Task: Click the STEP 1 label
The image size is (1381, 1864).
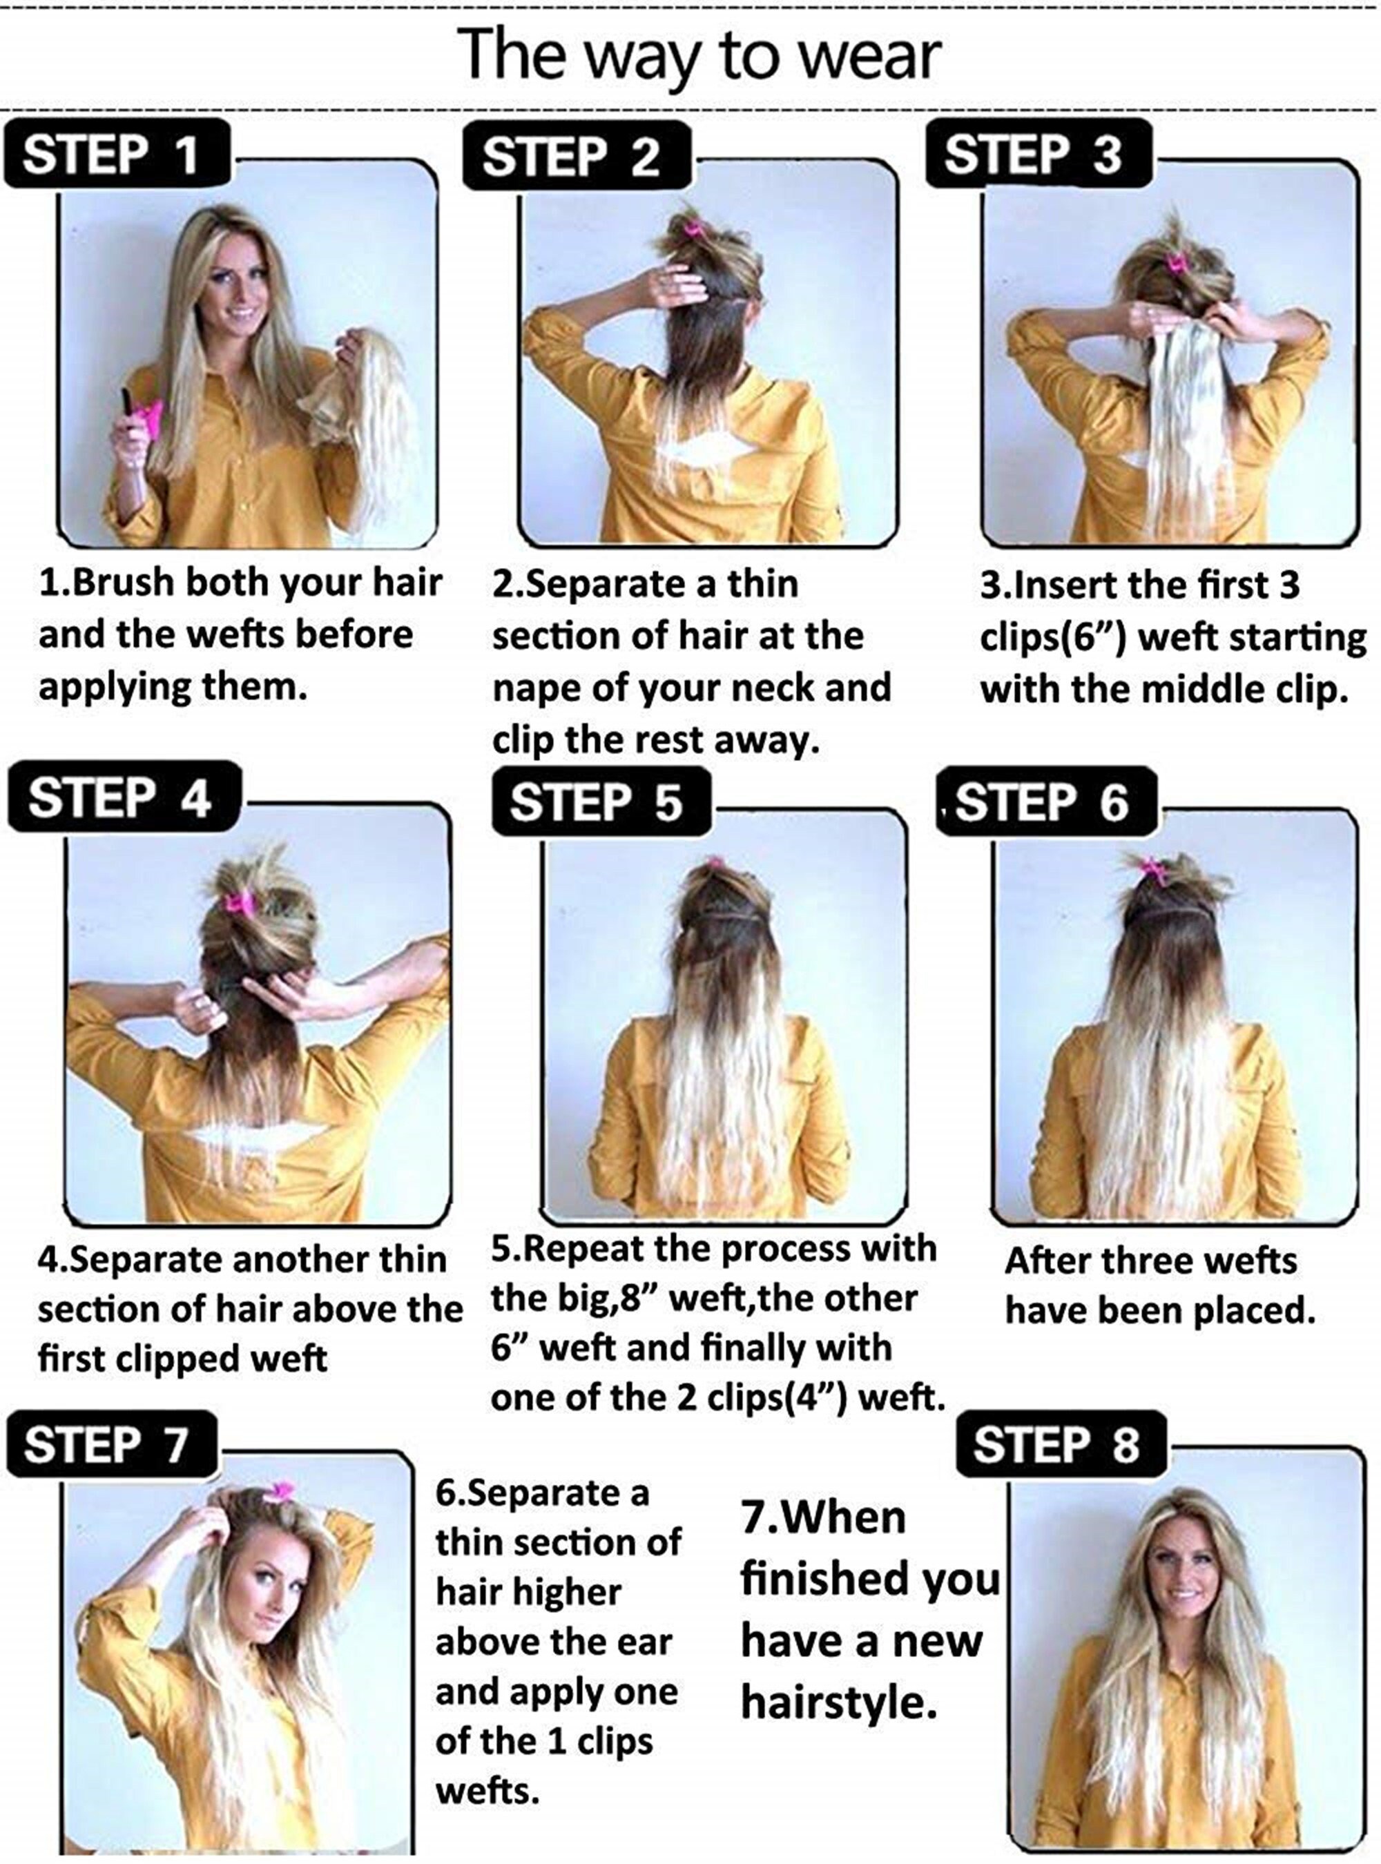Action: point(116,154)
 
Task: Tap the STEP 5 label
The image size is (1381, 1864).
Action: point(601,802)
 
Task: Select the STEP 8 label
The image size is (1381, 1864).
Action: point(1061,1444)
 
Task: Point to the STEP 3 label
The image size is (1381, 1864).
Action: point(1039,154)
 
